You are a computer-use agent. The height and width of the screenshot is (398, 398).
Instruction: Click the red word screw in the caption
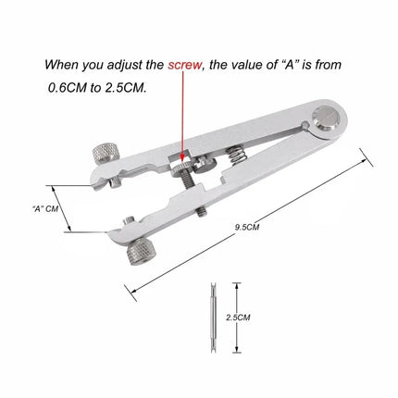[185, 66]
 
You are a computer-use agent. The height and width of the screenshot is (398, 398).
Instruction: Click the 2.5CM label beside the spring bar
[236, 316]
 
